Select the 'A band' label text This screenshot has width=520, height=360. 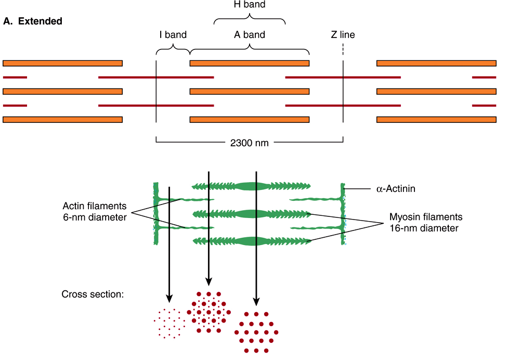pyautogui.click(x=250, y=35)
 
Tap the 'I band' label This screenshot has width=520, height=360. pyautogui.click(x=173, y=35)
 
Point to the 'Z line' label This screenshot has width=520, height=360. pyautogui.click(x=343, y=35)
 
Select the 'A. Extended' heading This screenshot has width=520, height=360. pyautogui.click(x=33, y=21)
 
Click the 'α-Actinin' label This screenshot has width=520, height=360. pyautogui.click(x=396, y=189)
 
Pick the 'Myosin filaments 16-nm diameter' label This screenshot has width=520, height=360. pyautogui.click(x=426, y=222)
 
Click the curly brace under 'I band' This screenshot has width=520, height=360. pyautogui.click(x=173, y=50)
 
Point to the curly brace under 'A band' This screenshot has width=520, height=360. pyautogui.click(x=250, y=49)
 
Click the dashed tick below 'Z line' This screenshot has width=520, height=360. pyautogui.click(x=343, y=49)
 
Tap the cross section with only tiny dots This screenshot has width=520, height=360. pyautogui.click(x=169, y=324)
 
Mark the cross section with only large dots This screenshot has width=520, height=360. pyautogui.click(x=256, y=332)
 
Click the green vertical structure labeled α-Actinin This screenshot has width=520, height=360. pyautogui.click(x=343, y=213)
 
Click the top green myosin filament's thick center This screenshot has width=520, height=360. pyautogui.click(x=252, y=186)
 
